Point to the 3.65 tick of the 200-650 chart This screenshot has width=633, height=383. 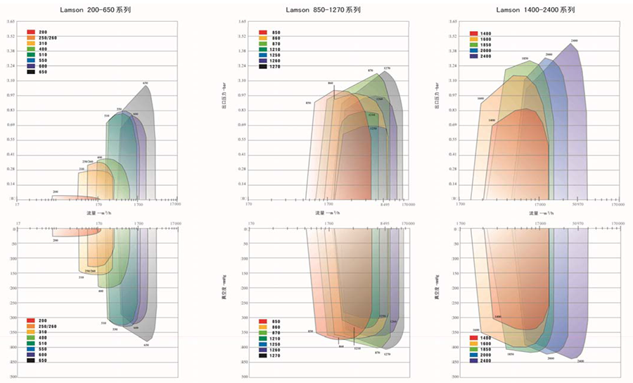point(11,22)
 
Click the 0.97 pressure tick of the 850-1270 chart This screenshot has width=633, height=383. point(243,95)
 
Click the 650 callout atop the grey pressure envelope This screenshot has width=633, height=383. point(146,84)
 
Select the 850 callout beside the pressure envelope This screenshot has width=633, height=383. point(308,103)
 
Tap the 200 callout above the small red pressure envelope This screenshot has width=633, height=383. point(56,191)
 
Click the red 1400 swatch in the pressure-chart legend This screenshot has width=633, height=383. point(474,32)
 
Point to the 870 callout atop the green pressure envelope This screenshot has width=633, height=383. point(370,71)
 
